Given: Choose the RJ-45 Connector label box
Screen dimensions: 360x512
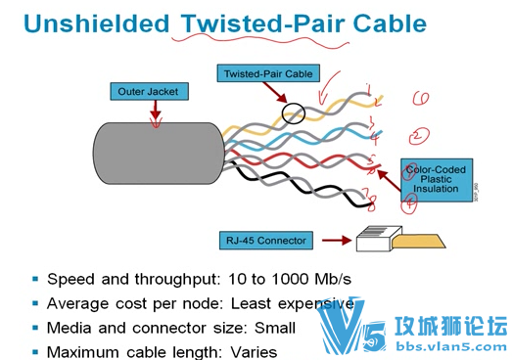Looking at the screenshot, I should click(x=267, y=240).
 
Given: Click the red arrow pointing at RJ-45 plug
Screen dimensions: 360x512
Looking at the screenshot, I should click(x=334, y=238).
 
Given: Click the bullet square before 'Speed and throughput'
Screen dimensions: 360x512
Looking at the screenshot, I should click(x=34, y=280).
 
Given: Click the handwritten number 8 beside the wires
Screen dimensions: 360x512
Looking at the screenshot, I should click(x=371, y=202).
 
